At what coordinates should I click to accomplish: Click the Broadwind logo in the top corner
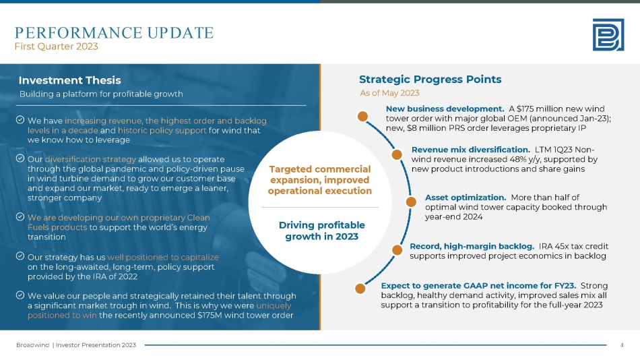608,35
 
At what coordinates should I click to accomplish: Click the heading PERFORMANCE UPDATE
115,32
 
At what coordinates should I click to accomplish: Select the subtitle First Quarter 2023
57,47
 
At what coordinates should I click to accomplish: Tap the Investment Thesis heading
70,80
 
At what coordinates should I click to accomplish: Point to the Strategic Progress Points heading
430,80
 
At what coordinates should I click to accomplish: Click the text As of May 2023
389,93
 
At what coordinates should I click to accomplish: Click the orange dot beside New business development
362,117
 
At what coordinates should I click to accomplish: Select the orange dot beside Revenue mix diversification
397,154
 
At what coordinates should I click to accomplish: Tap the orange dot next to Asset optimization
411,202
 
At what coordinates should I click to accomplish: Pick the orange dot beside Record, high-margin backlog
397,250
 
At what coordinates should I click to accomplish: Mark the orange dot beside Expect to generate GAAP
360,289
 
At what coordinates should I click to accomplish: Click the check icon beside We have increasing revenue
20,120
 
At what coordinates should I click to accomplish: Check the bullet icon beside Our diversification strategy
20,158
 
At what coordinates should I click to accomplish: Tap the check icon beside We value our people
20,295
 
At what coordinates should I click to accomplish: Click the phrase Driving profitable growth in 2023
321,231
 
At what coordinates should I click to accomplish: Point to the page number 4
622,345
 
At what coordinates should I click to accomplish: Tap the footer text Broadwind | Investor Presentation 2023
76,345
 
